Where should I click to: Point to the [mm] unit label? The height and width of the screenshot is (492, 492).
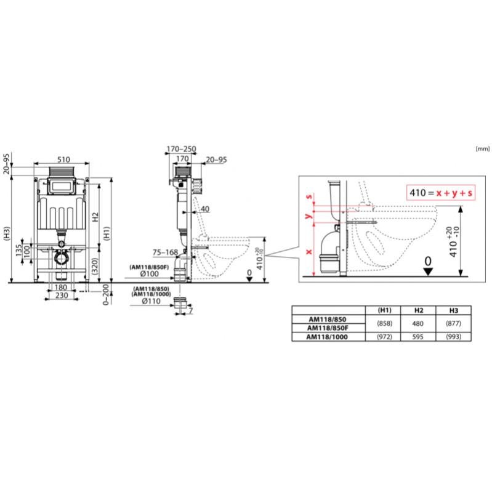point(482,148)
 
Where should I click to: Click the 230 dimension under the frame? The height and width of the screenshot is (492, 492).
point(60,295)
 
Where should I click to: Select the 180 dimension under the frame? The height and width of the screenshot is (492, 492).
point(60,288)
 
